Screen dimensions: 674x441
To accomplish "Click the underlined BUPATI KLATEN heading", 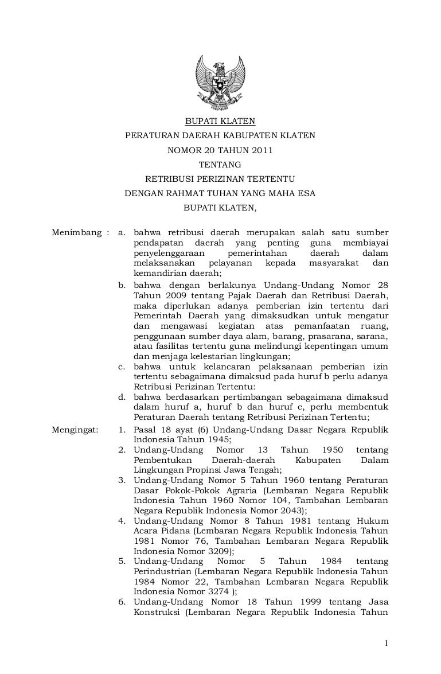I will click(220, 121).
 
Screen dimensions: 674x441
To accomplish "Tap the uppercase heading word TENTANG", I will click(220, 165).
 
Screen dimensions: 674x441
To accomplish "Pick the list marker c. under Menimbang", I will click(122, 366).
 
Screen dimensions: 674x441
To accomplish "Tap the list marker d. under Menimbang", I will click(122, 396).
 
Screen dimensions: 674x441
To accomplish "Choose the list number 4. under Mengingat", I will click(122, 521).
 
